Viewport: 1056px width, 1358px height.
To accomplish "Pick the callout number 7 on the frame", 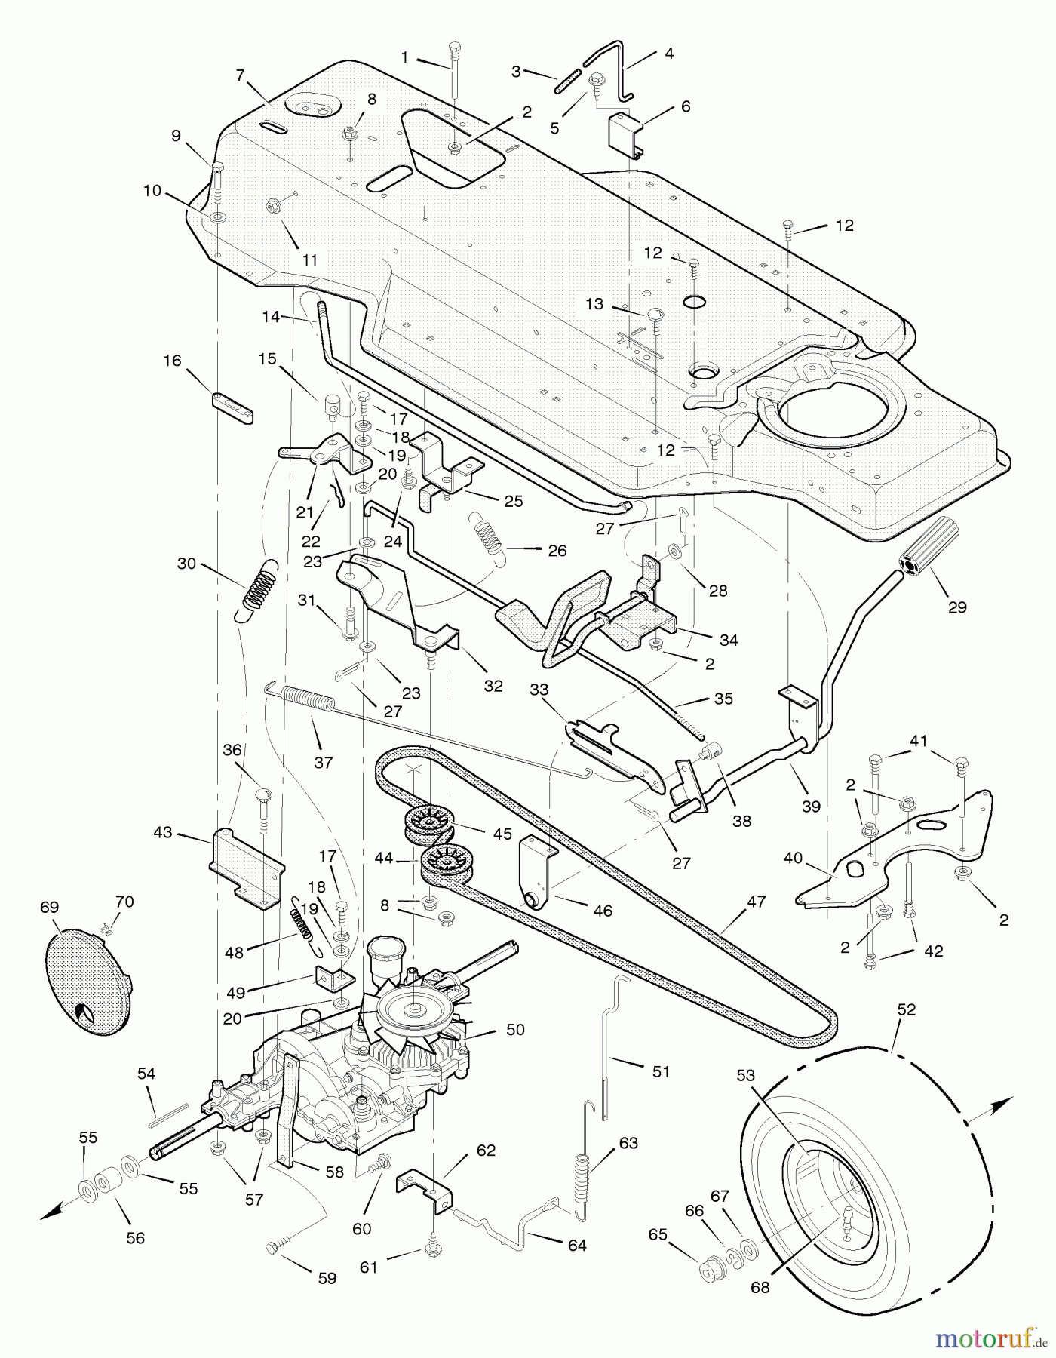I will tap(241, 75).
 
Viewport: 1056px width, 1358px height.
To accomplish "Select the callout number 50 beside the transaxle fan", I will tap(515, 1029).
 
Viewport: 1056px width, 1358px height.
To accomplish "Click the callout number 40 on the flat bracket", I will tap(793, 859).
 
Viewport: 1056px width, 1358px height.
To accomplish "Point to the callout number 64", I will tap(576, 1245).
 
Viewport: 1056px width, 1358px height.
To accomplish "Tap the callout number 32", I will tap(493, 686).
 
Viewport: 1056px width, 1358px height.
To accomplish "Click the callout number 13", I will tap(594, 303).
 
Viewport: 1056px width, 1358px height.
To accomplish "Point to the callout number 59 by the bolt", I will tap(327, 1278).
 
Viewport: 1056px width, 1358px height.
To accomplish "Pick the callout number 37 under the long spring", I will tap(323, 763).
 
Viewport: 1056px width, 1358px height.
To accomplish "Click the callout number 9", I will tap(176, 136).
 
